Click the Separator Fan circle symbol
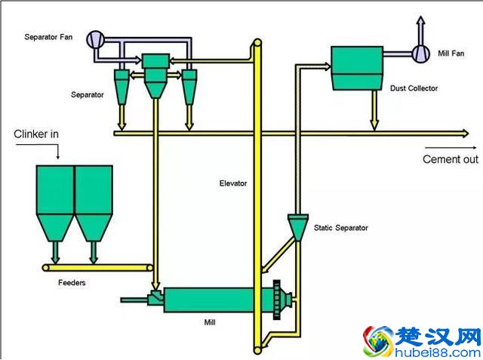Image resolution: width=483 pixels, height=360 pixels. (x=96, y=38)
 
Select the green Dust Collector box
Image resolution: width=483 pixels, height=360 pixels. (x=358, y=68)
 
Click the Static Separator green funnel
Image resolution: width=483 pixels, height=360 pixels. (x=299, y=226)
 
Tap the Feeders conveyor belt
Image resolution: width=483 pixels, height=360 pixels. (x=98, y=266)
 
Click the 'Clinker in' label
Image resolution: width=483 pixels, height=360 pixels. (x=35, y=134)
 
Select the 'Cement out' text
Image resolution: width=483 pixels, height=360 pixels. (x=450, y=159)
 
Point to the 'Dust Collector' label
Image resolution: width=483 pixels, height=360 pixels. (x=414, y=88)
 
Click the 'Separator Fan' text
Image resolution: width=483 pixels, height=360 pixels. (x=50, y=37)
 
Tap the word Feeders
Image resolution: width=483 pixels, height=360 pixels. (x=72, y=283)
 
